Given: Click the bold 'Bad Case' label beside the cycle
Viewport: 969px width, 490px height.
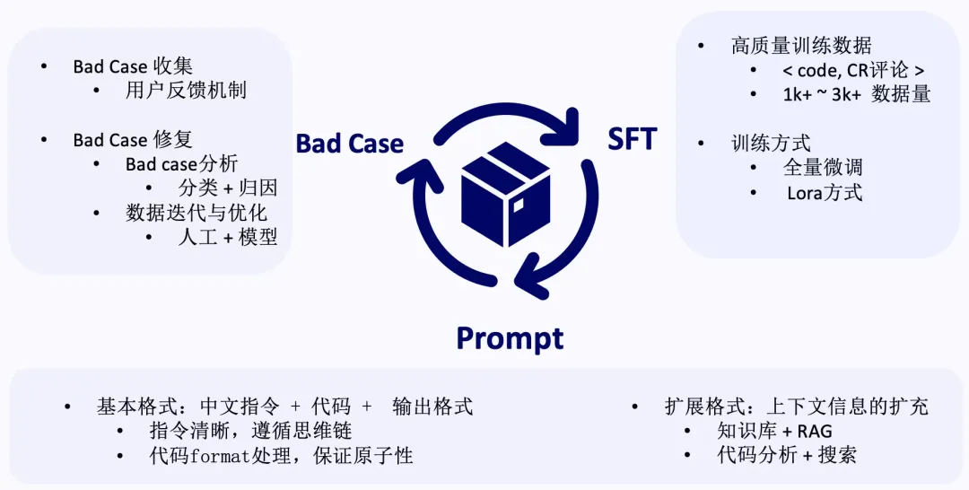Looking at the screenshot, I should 349,144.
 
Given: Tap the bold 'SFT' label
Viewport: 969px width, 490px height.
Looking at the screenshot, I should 632,139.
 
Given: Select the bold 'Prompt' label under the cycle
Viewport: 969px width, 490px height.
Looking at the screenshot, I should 510,338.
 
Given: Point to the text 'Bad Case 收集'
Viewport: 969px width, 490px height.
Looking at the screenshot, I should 133,66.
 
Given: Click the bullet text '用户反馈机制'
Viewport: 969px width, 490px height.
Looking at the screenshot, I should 186,91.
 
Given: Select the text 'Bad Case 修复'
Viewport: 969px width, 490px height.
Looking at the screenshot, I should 133,140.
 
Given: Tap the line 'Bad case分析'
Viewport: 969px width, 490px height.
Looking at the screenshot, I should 181,164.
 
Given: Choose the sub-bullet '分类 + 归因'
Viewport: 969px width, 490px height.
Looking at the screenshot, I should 228,188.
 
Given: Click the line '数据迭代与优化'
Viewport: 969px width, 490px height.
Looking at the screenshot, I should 196,214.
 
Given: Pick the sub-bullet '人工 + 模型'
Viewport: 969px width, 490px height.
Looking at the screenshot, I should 228,238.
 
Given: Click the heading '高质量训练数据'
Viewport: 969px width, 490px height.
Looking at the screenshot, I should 801,46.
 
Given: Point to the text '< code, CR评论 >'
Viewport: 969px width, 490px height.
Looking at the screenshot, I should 853,70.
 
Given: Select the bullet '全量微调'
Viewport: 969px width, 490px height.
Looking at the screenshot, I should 823,168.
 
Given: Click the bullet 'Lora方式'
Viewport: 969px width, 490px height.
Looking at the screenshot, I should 825,192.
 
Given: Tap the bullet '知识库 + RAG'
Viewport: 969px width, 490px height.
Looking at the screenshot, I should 774,431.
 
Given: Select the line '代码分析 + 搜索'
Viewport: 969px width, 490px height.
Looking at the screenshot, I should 786,455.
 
